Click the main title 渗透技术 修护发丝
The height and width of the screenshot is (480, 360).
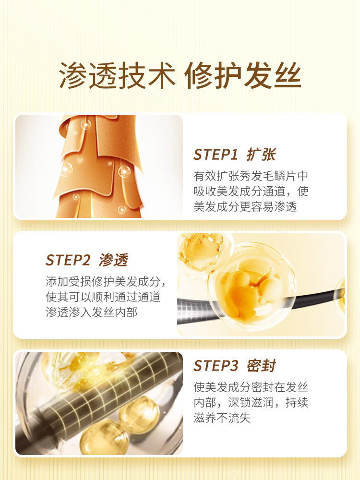(180, 75)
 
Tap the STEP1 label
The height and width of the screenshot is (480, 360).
(216, 155)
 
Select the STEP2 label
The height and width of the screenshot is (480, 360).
(68, 260)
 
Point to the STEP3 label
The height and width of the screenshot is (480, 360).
(216, 366)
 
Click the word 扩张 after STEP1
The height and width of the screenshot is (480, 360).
(262, 155)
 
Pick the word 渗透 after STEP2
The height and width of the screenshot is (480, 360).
(114, 260)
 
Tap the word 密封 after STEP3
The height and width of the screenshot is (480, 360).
(262, 366)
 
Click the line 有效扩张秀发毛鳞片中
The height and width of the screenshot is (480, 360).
(251, 176)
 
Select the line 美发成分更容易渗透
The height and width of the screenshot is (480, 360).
(245, 206)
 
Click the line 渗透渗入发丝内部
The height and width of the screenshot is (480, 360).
(92, 312)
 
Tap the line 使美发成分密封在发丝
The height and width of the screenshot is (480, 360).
(251, 387)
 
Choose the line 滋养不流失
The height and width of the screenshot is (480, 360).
(222, 418)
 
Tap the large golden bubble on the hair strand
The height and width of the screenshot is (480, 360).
(251, 286)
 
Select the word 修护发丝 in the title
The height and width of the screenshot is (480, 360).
(243, 75)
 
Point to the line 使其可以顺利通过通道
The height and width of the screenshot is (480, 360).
(103, 297)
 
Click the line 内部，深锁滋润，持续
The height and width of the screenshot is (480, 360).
(251, 403)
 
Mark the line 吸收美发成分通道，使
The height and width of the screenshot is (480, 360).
(251, 192)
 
